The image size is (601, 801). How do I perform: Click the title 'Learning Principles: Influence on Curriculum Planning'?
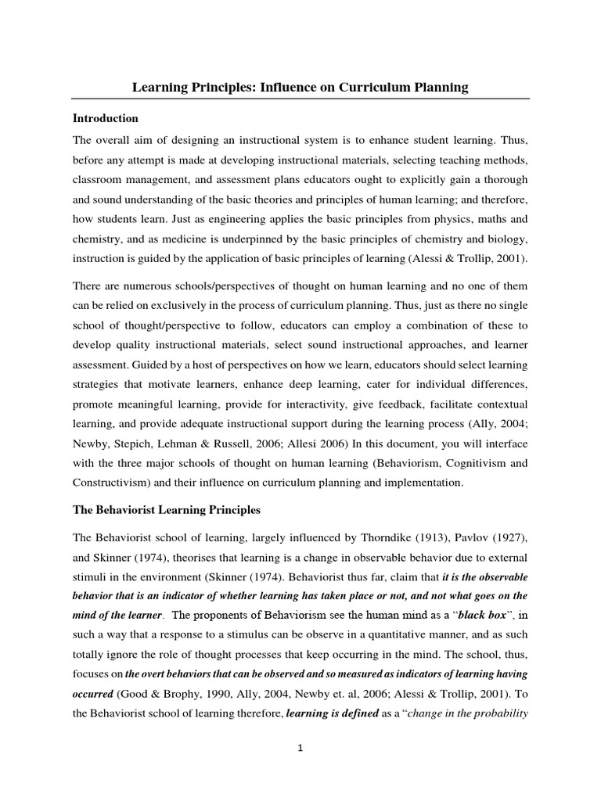tap(300, 88)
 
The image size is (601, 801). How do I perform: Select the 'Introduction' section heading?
tap(106, 119)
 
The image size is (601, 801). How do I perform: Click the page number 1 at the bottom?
tap(300, 748)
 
